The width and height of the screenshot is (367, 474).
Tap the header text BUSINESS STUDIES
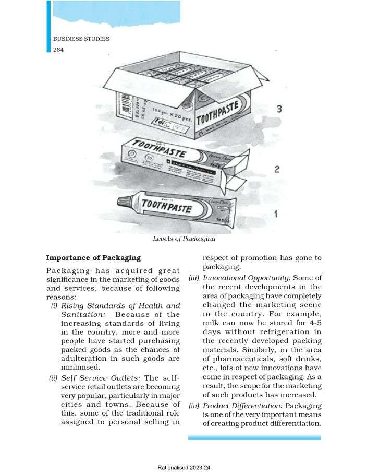pos(81,39)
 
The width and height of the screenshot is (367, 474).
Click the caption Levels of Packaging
pos(184,239)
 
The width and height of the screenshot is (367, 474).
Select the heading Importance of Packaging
pos(94,258)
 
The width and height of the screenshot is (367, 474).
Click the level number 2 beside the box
pos(277,169)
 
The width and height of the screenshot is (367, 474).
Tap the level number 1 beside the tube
pos(276,214)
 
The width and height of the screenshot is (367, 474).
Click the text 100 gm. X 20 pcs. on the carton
pos(172,115)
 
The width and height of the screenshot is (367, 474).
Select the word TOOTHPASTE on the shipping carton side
pos(224,113)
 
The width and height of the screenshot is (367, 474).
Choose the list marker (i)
pos(54,305)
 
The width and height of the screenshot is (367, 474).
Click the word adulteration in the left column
pos(84,359)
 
